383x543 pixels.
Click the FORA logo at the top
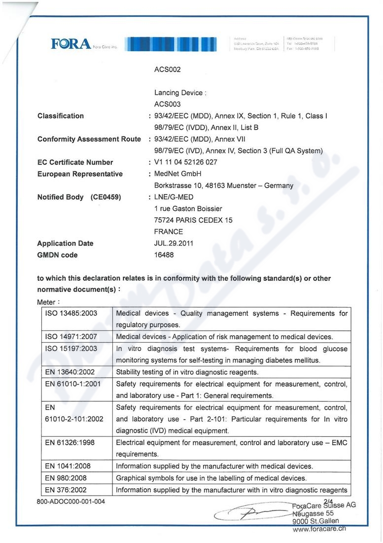click(x=71, y=45)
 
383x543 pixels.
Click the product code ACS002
click(x=168, y=70)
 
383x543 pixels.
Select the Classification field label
click(x=61, y=116)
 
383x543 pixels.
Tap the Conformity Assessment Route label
click(x=89, y=139)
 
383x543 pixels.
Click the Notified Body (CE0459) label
click(x=79, y=197)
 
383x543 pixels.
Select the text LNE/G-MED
click(x=173, y=197)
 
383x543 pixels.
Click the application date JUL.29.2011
click(x=174, y=243)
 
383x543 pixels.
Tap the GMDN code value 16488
click(x=164, y=255)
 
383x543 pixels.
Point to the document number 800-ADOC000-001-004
click(x=70, y=502)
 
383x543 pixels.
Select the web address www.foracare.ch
click(x=319, y=528)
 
